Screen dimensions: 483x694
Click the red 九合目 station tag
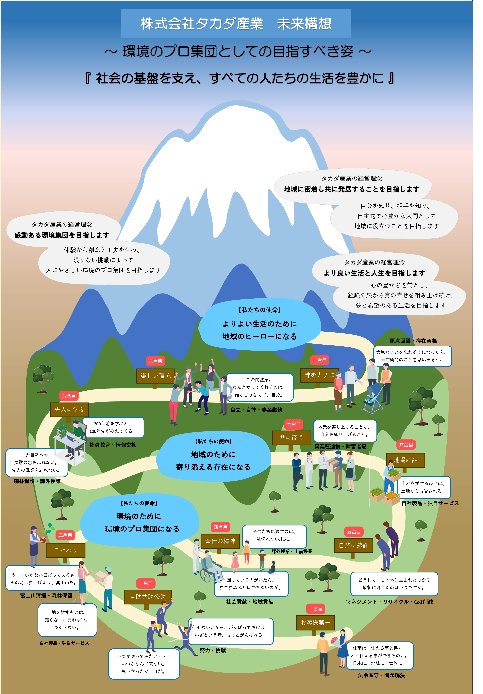point(155,361)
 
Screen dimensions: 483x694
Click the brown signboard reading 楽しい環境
point(156,376)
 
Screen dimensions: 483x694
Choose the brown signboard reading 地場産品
point(406,460)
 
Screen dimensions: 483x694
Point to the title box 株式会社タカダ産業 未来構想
point(236,24)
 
